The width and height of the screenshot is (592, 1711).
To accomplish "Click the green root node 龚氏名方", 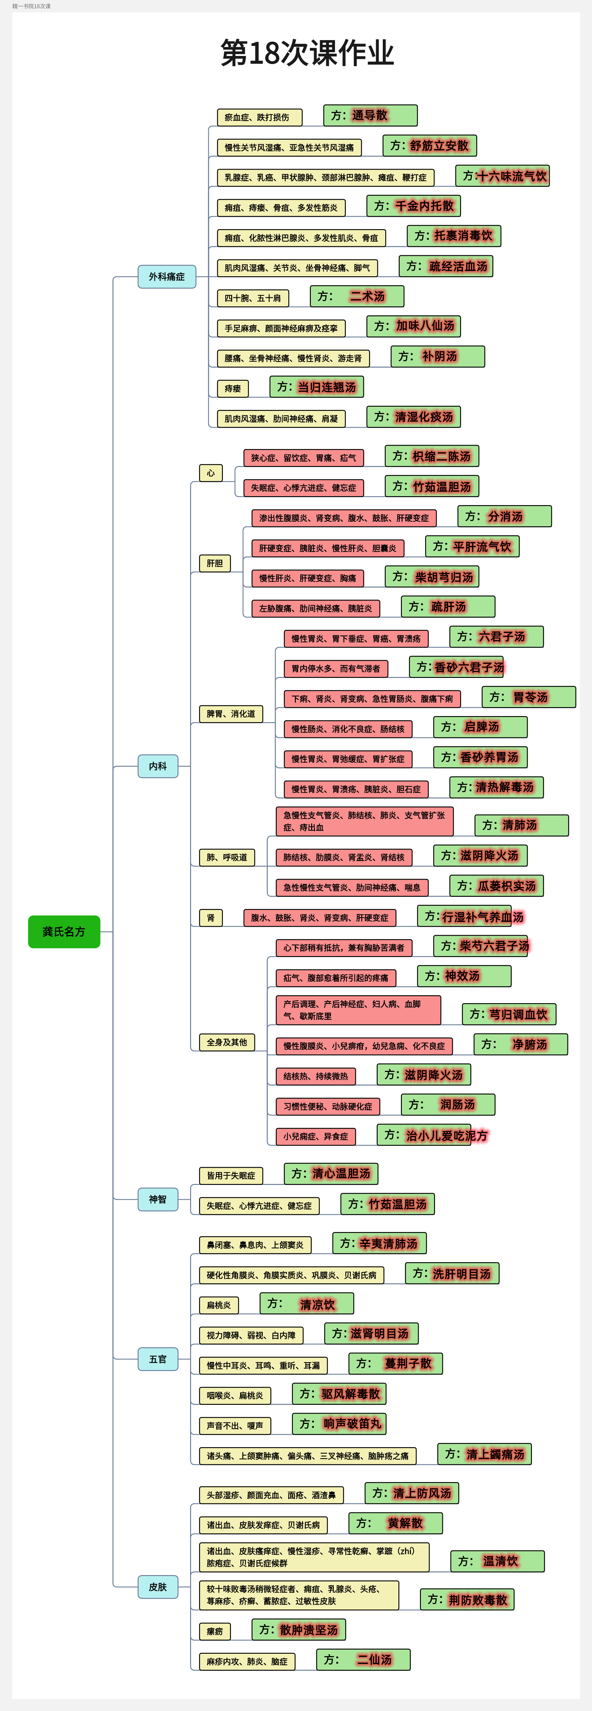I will pyautogui.click(x=64, y=931).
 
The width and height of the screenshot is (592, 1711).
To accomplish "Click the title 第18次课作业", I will pyautogui.click(x=307, y=53).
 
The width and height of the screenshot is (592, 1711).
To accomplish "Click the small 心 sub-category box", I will pyautogui.click(x=210, y=473).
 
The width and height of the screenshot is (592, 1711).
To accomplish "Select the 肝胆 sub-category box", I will pyautogui.click(x=215, y=563).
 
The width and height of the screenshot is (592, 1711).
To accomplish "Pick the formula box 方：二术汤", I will pyautogui.click(x=357, y=296).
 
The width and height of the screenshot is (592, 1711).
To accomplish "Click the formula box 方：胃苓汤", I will pyautogui.click(x=528, y=697).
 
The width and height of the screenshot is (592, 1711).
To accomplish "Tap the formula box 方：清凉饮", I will pyautogui.click(x=306, y=1304).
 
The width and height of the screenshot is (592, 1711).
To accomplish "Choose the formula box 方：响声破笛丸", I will pyautogui.click(x=339, y=1423).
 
